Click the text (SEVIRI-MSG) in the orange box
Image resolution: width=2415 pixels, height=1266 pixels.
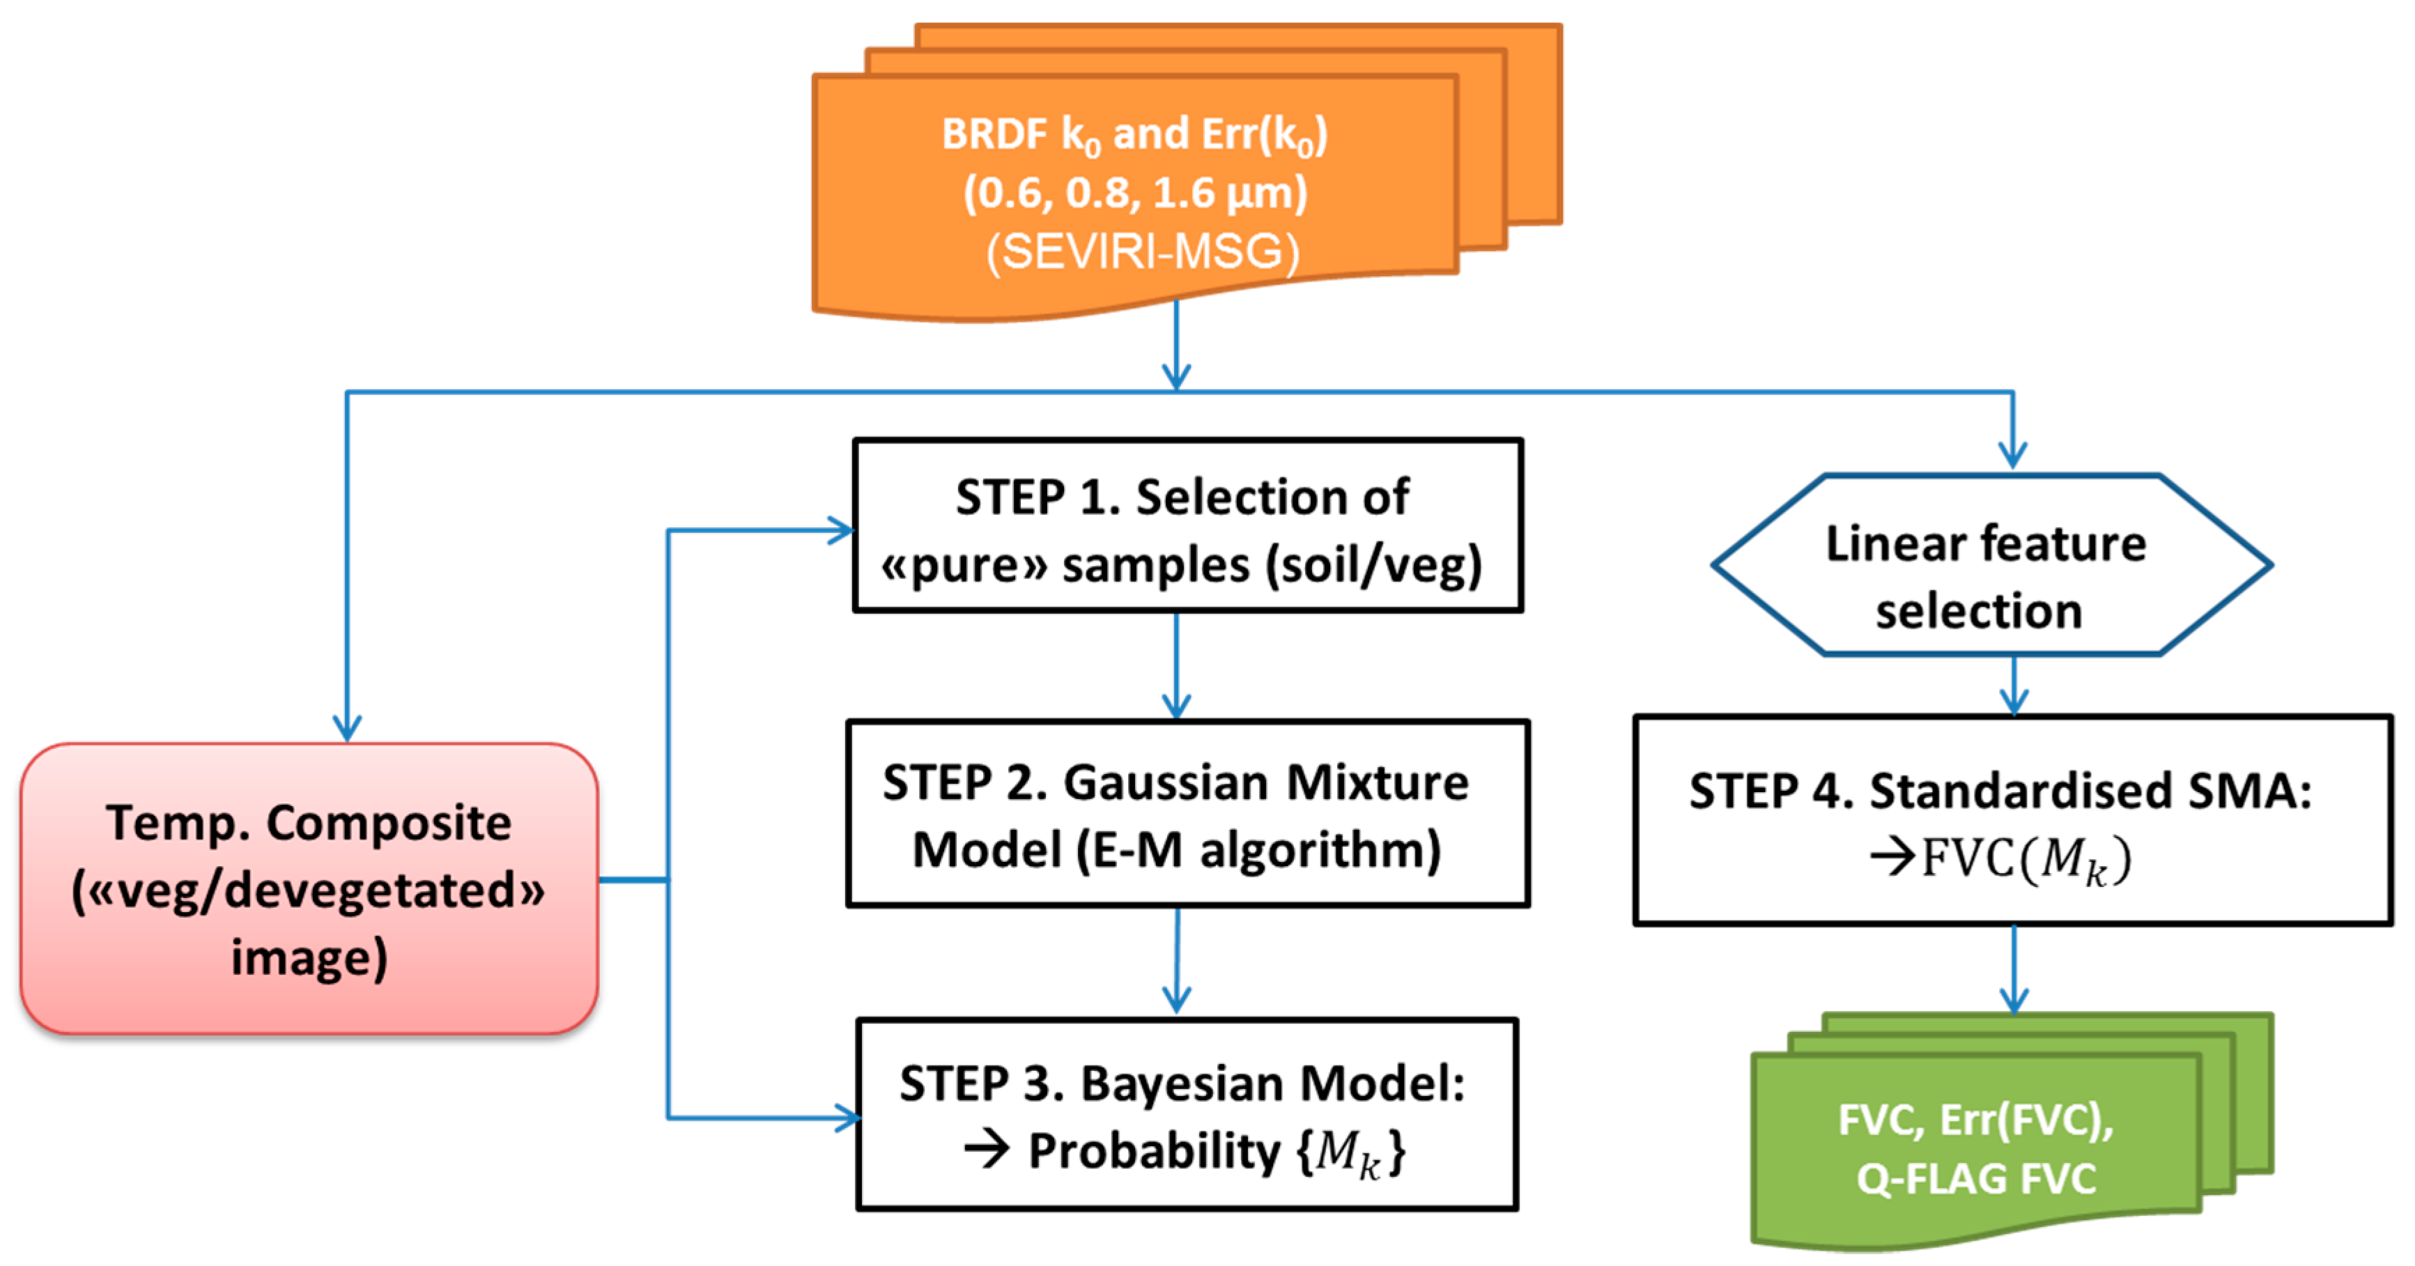[x=1142, y=252]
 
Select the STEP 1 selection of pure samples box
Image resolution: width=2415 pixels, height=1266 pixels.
[x=1187, y=526]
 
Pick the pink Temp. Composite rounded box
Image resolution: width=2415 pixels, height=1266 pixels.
[x=309, y=888]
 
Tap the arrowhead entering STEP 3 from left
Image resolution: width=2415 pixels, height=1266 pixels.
[x=847, y=1117]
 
